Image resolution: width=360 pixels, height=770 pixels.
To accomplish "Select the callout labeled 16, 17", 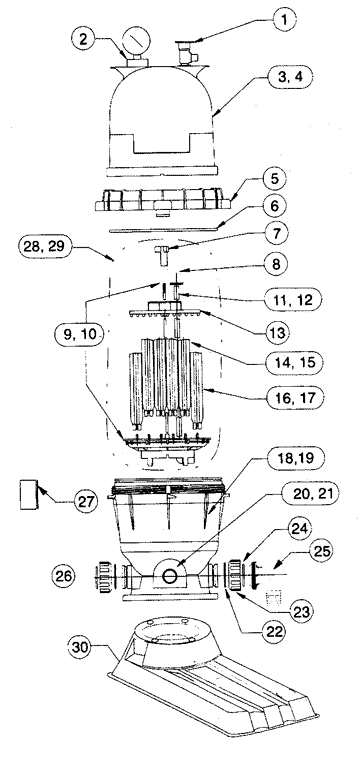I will pyautogui.click(x=290, y=399).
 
